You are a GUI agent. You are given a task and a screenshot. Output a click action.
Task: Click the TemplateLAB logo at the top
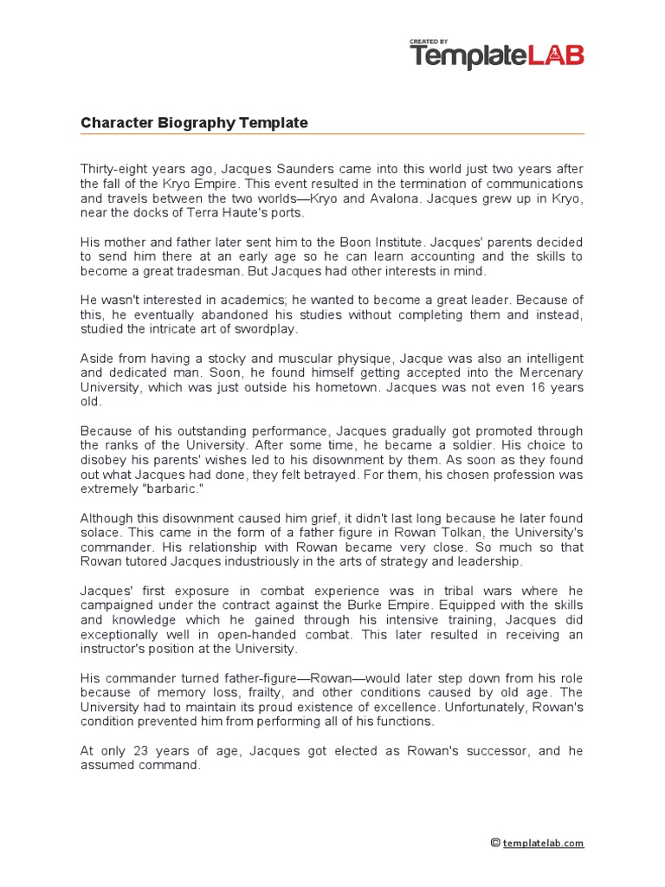[x=496, y=56]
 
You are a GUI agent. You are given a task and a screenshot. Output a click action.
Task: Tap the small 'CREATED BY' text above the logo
[x=429, y=41]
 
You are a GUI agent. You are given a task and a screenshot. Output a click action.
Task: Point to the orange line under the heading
[x=332, y=134]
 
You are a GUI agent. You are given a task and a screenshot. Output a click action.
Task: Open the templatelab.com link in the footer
[x=543, y=843]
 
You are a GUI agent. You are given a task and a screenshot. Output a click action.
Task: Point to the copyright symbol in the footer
[x=495, y=843]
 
